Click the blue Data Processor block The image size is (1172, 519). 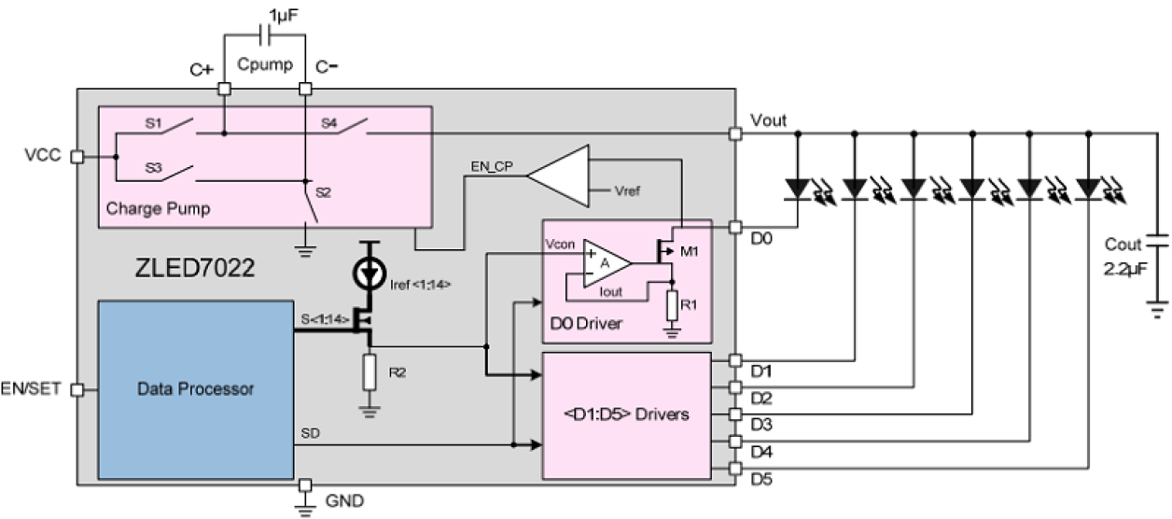196,389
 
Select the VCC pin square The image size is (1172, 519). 77,156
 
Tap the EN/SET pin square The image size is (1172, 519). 77,389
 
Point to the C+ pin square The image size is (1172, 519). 224,90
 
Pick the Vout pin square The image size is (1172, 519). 735,134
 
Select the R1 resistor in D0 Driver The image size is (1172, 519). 672,304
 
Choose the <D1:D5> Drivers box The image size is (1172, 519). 627,414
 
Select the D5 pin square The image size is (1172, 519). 735,469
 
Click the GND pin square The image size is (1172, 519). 305,486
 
